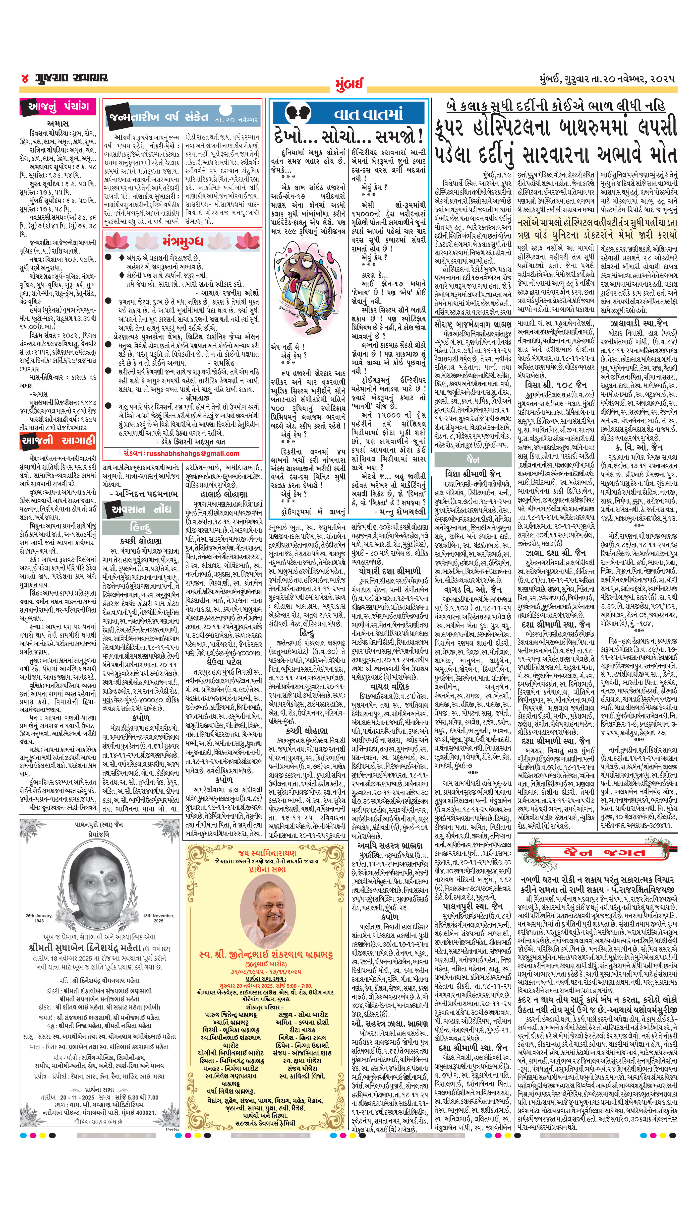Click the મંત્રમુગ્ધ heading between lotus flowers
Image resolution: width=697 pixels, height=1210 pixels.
(x=182, y=241)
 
